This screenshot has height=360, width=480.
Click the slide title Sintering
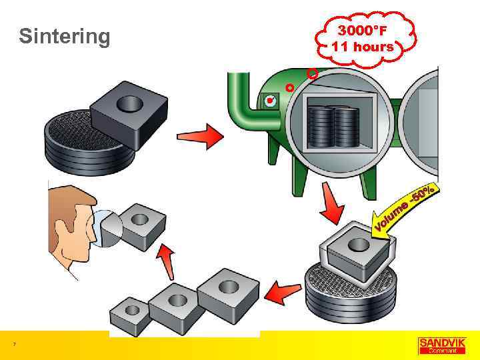[65, 36]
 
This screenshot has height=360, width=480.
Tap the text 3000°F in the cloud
[362, 31]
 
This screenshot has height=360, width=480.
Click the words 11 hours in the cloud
[363, 47]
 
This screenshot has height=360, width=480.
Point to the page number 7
[14, 344]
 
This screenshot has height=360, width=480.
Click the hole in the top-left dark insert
[129, 103]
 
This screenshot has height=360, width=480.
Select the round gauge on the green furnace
[270, 102]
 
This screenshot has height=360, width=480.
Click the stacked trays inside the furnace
[336, 128]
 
